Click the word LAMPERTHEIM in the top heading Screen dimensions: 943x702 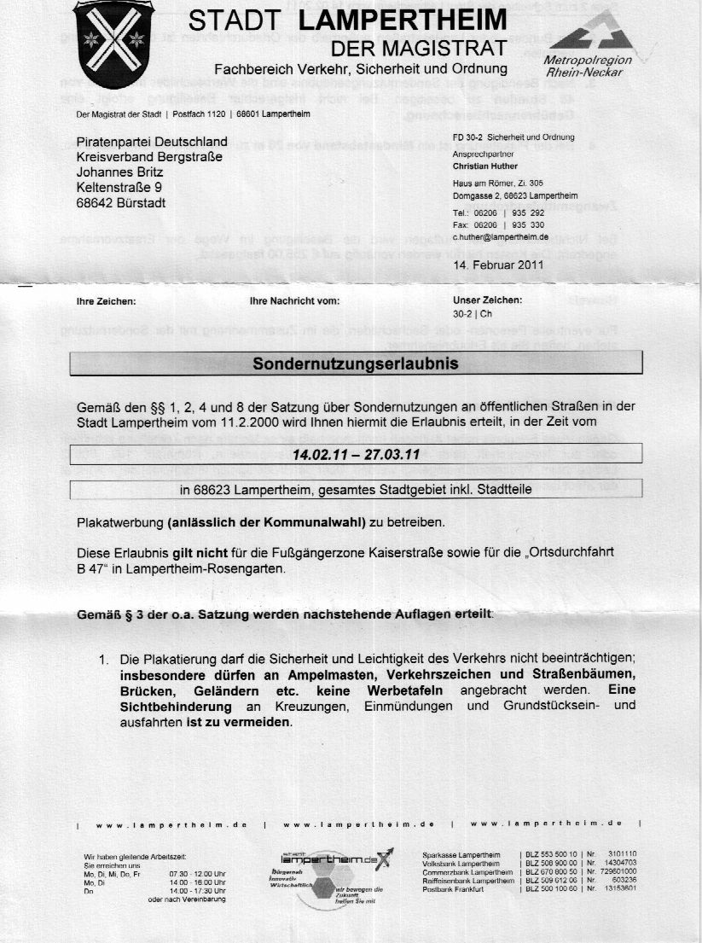pyautogui.click(x=410, y=20)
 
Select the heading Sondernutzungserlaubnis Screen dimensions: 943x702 pyautogui.click(x=356, y=364)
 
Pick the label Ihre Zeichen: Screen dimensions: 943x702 pyautogui.click(x=106, y=301)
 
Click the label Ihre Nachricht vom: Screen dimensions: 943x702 pyautogui.click(x=294, y=301)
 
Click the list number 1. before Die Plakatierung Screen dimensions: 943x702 pyautogui.click(x=105, y=660)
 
